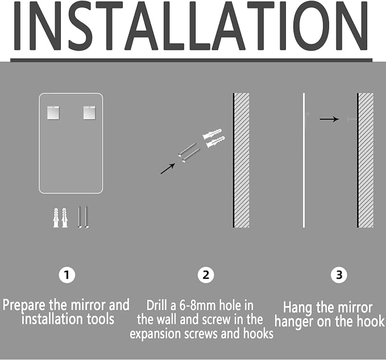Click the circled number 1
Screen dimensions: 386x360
(67, 274)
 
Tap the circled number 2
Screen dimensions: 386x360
(206, 275)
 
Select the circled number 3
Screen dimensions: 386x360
(339, 275)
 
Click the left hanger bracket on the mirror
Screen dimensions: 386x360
(53, 113)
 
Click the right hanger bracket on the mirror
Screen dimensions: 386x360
(89, 113)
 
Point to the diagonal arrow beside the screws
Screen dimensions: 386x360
(168, 169)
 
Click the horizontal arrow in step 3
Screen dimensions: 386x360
(329, 119)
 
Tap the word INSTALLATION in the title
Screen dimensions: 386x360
(191, 26)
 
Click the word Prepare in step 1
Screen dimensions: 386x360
(24, 305)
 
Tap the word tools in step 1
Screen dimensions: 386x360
(101, 319)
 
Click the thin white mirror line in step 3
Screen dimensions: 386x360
(304, 160)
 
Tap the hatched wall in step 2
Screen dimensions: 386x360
(241, 160)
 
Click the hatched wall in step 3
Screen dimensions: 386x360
(366, 160)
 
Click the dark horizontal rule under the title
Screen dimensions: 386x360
(191, 60)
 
